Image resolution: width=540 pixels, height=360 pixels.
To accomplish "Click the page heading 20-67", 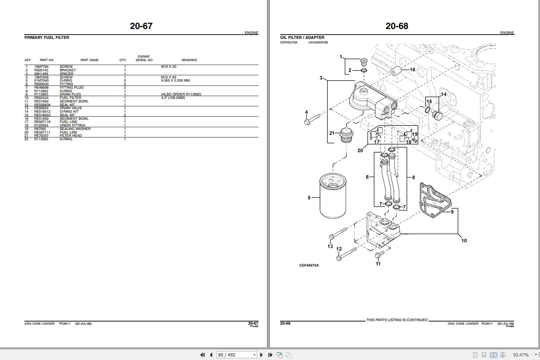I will pos(141,26).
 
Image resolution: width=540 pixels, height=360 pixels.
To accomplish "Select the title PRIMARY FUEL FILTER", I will pos(47,37).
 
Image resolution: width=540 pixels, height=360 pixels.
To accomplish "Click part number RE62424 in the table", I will pos(41,98).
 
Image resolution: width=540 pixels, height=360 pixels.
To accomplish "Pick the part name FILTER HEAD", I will pos(71,136).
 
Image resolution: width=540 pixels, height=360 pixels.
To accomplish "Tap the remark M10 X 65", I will pos(168,77).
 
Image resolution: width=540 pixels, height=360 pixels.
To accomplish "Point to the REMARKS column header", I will pos(189,60).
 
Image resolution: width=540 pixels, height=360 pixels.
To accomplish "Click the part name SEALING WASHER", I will pos(75,129).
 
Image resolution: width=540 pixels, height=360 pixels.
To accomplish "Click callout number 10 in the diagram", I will pos(464,241).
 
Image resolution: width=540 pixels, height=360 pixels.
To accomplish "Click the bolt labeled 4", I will pos(311,119).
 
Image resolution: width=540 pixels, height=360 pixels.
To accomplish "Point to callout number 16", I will pos(412,70).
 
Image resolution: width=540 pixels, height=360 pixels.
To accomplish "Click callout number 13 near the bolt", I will pos(330,246).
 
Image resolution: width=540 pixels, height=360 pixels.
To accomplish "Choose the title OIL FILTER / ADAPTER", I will pos(302,37).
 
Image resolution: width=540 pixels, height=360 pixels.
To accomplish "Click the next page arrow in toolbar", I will pos(261,355).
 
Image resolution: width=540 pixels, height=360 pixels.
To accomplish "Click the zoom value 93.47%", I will pos(521,355).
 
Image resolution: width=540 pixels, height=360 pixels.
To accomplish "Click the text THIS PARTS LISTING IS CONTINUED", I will pos(397,320).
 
